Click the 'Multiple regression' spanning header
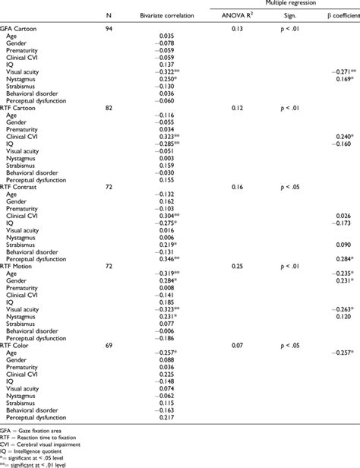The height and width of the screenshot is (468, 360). tap(285, 4)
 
